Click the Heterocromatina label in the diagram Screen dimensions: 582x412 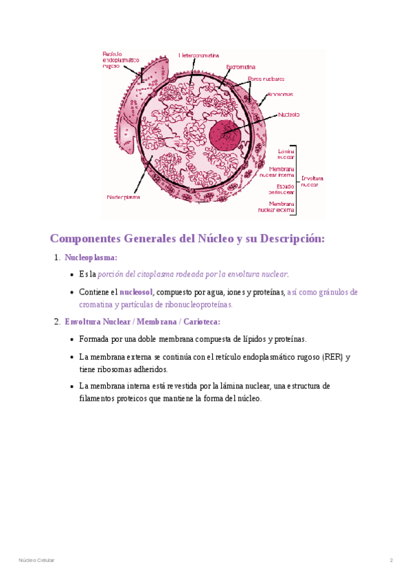[x=199, y=55]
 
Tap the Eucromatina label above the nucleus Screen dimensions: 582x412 [x=240, y=67]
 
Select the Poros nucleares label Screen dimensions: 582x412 [x=266, y=78]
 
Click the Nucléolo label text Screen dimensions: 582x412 [x=288, y=115]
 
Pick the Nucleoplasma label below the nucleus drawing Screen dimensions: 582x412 [x=124, y=196]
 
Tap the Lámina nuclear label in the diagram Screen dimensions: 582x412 [x=286, y=154]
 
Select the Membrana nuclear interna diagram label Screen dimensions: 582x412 [x=282, y=172]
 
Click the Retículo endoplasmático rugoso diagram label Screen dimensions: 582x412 [x=120, y=60]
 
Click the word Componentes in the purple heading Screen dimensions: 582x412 [x=85, y=239]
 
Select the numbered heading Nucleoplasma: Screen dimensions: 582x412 [x=91, y=258]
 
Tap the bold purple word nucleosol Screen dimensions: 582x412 [x=136, y=292]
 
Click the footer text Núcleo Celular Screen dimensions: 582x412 [x=36, y=561]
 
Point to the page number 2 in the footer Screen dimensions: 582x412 [x=391, y=561]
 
